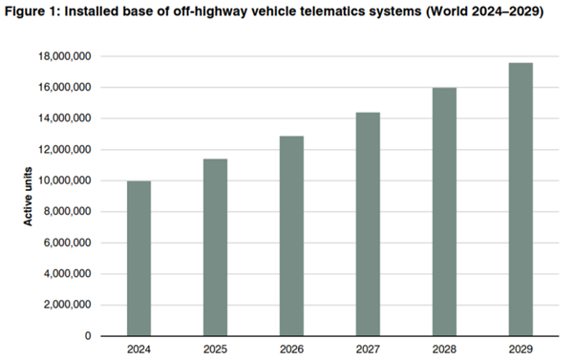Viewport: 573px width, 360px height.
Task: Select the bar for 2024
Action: pyautogui.click(x=138, y=258)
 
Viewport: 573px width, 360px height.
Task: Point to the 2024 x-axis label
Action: pyautogui.click(x=138, y=349)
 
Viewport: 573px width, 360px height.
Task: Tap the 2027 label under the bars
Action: pyautogui.click(x=368, y=349)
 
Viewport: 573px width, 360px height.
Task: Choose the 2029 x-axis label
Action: pyautogui.click(x=520, y=349)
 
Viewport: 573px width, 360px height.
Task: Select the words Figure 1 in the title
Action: pyautogui.click(x=32, y=11)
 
